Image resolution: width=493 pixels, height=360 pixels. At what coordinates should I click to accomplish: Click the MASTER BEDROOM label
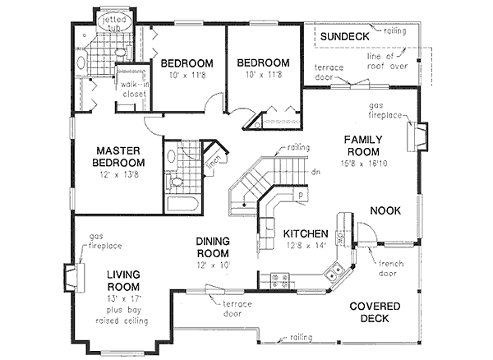pyautogui.click(x=120, y=157)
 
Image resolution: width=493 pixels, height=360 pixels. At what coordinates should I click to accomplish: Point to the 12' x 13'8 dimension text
pyautogui.click(x=120, y=175)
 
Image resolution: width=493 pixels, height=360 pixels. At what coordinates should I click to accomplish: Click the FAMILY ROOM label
pyautogui.click(x=362, y=146)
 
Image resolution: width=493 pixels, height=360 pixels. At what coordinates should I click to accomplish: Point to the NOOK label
pyautogui.click(x=385, y=211)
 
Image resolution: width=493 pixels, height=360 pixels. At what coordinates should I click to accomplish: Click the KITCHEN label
pyautogui.click(x=306, y=233)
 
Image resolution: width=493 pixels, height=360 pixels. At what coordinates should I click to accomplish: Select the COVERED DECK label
pyautogui.click(x=374, y=312)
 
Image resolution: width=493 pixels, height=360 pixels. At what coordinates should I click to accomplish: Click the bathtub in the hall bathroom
pyautogui.click(x=180, y=203)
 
